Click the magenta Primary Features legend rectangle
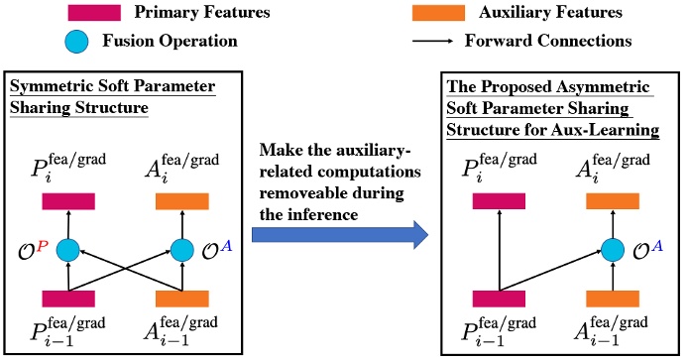[96, 13]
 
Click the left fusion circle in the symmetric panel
[68, 249]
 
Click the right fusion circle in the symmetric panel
[182, 249]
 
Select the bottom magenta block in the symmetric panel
[68, 298]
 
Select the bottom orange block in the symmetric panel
[182, 298]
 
